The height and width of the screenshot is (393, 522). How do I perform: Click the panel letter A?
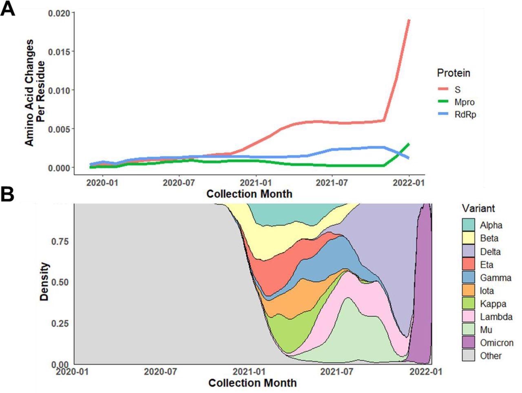coord(8,9)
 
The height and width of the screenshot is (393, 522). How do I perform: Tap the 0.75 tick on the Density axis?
coord(60,241)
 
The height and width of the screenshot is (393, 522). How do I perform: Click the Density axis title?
coord(44,282)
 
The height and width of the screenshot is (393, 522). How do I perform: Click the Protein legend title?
coord(453,73)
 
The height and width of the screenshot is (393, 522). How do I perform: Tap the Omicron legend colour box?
coord(469,343)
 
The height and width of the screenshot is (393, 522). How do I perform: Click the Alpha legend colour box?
coord(469,225)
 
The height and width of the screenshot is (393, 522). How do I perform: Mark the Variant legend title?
coord(478,208)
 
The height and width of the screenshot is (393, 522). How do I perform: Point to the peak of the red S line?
coord(409,20)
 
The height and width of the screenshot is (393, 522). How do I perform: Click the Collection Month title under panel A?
coord(249,194)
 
